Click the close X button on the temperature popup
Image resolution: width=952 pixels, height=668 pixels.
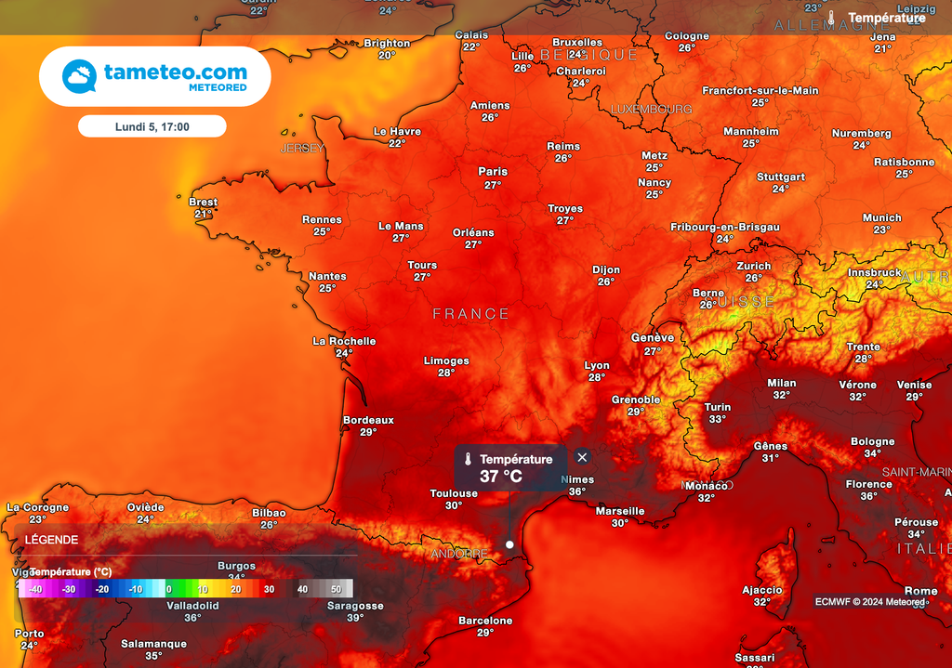(582, 457)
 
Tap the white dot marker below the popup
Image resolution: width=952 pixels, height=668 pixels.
(509, 544)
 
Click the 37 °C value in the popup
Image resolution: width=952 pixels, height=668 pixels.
(501, 477)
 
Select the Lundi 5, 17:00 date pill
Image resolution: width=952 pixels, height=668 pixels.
(152, 126)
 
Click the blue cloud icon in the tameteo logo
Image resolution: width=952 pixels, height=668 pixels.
(79, 76)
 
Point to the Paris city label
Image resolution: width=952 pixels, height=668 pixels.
(493, 172)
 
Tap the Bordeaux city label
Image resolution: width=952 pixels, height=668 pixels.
(368, 420)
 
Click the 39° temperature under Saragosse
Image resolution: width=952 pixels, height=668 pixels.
(355, 618)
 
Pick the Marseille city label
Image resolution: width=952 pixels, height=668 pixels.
(620, 511)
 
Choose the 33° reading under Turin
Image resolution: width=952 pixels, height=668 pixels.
(718, 419)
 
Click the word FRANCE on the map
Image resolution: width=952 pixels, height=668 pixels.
(471, 314)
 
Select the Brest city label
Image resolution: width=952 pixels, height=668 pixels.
(203, 202)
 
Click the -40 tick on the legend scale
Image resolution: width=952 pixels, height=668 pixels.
(35, 589)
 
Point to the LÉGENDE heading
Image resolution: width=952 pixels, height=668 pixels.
(51, 540)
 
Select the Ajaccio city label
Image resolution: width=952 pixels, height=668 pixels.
(762, 590)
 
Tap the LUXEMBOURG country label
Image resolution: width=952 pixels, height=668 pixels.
(651, 110)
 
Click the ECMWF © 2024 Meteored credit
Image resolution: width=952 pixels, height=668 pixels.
(869, 602)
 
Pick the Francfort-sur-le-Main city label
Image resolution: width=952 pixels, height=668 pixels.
(760, 91)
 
